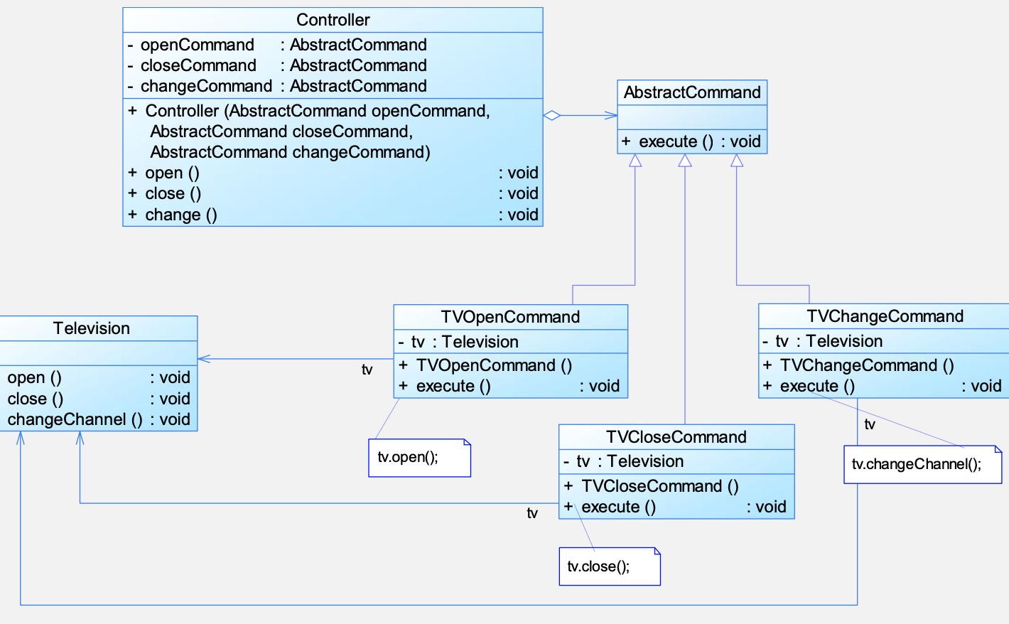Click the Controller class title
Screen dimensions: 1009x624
(x=333, y=20)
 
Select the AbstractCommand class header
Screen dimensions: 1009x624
(x=692, y=92)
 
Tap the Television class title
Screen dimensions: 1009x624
(x=92, y=328)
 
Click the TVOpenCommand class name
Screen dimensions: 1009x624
(x=510, y=317)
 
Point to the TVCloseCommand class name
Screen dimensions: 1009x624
(x=676, y=437)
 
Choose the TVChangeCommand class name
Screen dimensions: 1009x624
(x=885, y=316)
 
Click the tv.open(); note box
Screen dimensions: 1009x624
(x=420, y=458)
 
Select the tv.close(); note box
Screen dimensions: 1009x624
(x=610, y=566)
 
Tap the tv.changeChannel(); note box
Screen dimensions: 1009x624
(x=923, y=465)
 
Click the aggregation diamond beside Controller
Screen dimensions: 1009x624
(x=552, y=116)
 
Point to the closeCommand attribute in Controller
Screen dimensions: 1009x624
(x=199, y=66)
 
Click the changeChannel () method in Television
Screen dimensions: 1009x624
(x=75, y=420)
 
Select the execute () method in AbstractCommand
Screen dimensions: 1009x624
(x=676, y=141)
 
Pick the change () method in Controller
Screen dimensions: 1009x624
(x=181, y=215)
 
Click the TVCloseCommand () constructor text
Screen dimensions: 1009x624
(x=660, y=486)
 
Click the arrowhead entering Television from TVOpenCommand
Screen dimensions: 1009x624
(x=204, y=359)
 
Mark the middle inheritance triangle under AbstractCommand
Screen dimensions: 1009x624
(x=685, y=161)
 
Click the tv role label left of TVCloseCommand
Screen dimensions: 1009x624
(x=532, y=512)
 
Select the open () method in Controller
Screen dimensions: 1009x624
(x=172, y=173)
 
